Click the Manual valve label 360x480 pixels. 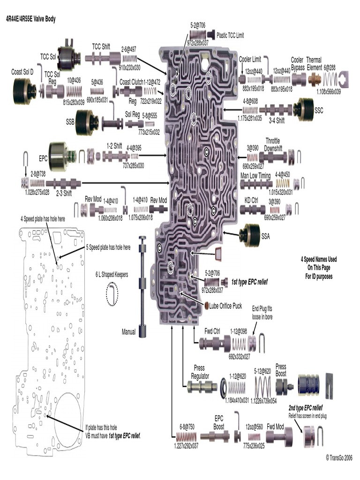[x=128, y=332]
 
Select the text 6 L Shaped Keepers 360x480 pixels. [x=112, y=275]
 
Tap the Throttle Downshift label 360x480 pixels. [x=273, y=144]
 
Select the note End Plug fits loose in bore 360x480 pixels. [x=262, y=313]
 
